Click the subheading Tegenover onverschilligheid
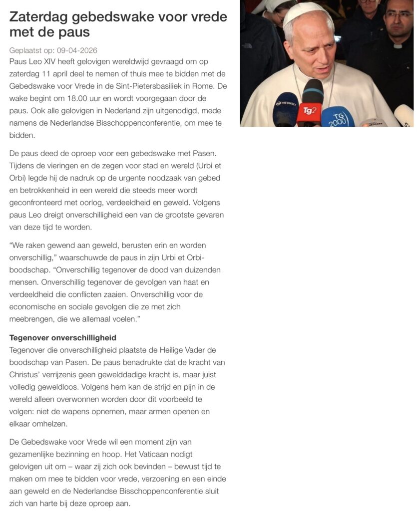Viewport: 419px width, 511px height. point(62,338)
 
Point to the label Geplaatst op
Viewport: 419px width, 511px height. point(28,50)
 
